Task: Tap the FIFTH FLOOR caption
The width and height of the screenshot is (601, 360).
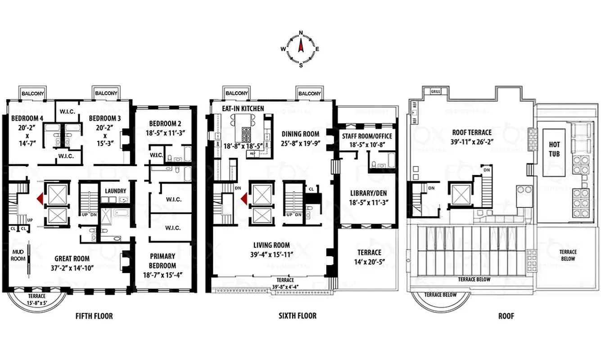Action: tap(94, 316)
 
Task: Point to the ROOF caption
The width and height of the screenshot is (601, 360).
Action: tap(506, 316)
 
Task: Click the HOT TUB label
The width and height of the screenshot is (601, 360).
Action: tap(554, 148)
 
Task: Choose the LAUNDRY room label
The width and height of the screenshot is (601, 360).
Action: tap(115, 191)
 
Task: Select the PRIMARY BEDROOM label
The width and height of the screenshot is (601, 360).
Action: tap(163, 261)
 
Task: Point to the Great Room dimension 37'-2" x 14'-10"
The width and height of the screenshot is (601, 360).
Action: tap(72, 268)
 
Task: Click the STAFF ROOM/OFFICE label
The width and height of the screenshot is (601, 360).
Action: tap(367, 136)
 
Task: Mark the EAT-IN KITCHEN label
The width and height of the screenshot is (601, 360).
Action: tap(243, 108)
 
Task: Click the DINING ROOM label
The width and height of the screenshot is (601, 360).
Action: tap(300, 134)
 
